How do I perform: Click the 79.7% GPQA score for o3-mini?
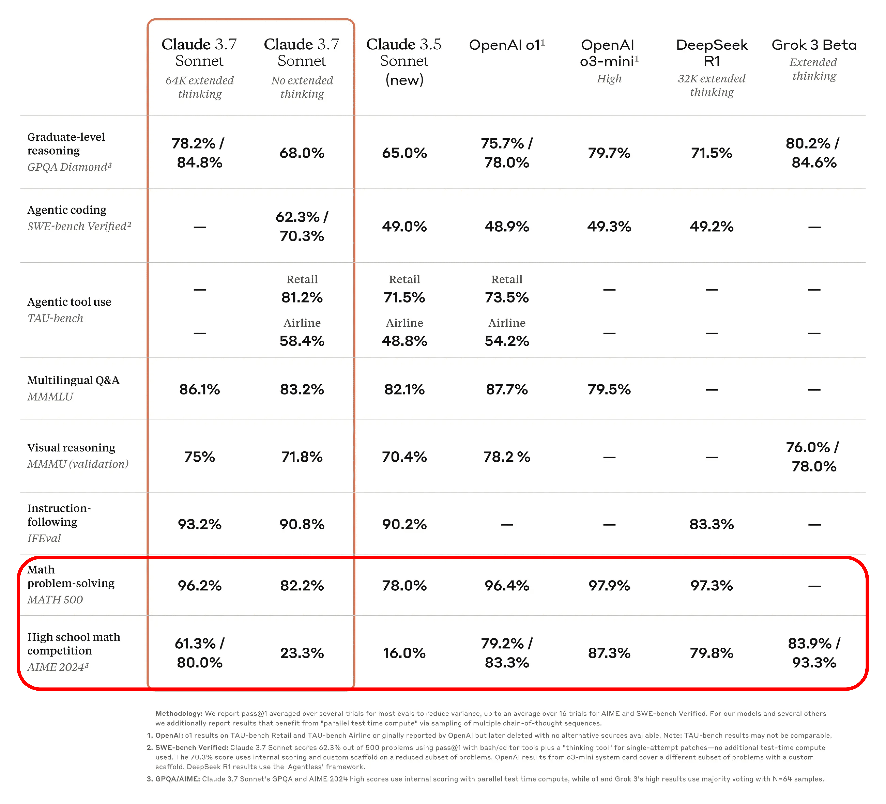tap(609, 153)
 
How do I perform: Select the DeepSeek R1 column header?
tap(712, 53)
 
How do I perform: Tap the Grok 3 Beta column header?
tap(814, 45)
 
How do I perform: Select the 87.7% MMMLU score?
tap(507, 389)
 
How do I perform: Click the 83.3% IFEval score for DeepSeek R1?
tap(712, 524)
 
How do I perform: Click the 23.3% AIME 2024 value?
tap(302, 653)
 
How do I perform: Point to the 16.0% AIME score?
tap(404, 653)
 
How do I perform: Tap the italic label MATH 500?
tap(55, 600)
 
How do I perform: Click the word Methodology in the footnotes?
tap(178, 714)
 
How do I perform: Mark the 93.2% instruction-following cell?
tap(200, 524)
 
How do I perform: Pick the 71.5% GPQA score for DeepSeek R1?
tap(712, 153)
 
